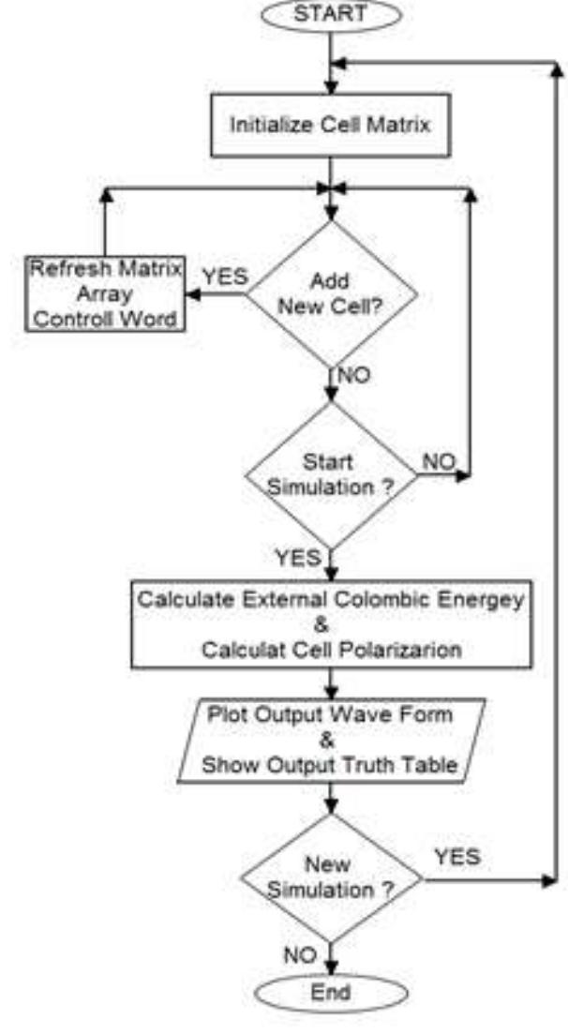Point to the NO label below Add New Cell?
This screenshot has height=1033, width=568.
(x=352, y=377)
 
